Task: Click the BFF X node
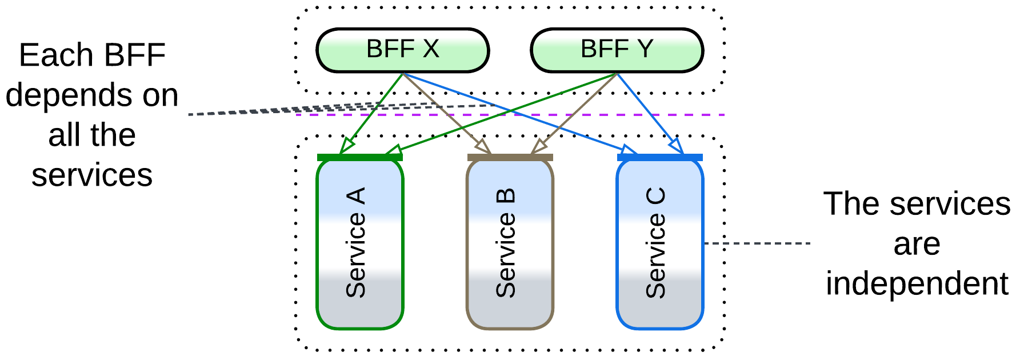[402, 50]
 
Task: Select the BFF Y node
[617, 50]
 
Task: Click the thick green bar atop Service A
[360, 157]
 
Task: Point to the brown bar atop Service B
[510, 157]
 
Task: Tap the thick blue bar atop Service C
[659, 157]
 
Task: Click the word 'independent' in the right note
[917, 283]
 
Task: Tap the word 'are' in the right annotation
[917, 244]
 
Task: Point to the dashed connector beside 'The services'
[757, 243]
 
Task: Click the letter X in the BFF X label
[431, 49]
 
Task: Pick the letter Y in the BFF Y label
[645, 49]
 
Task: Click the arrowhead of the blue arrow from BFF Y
[677, 146]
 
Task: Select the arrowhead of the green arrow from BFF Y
[393, 151]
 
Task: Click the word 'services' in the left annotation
[91, 175]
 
